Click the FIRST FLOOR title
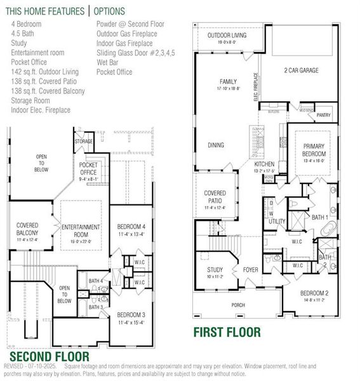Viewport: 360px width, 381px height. click(x=227, y=331)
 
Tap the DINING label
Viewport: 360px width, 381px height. click(x=216, y=145)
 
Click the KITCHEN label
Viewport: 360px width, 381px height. click(x=265, y=164)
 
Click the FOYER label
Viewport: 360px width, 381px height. click(x=251, y=269)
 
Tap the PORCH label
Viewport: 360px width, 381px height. click(x=238, y=305)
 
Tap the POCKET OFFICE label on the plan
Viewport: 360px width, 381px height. click(x=88, y=168)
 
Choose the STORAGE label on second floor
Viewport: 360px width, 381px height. click(x=84, y=141)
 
